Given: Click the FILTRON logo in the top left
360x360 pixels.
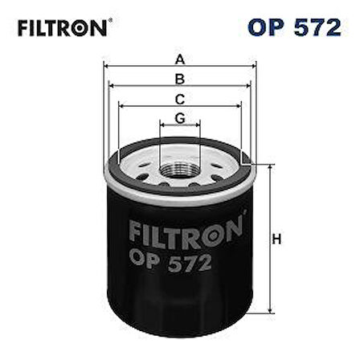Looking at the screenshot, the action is click(63, 28).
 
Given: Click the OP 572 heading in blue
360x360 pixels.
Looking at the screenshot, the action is click(294, 27).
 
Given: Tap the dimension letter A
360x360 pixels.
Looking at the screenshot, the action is click(180, 59).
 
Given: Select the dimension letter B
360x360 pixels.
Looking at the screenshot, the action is click(180, 79).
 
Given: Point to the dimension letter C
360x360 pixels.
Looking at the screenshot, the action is click(180, 100).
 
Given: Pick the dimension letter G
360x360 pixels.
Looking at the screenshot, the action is click(180, 118).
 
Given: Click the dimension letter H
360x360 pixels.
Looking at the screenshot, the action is click(276, 239).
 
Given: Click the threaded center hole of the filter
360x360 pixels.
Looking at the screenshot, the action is click(180, 170).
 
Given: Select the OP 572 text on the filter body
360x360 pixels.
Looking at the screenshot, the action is click(170, 262).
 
